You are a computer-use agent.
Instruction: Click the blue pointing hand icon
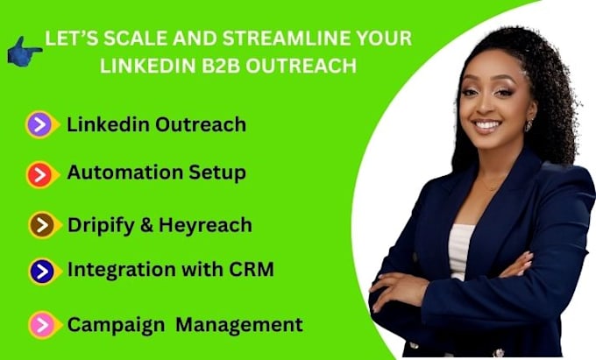24,52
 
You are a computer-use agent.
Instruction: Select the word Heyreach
205,225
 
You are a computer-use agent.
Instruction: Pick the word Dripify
101,226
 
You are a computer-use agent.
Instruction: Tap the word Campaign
116,326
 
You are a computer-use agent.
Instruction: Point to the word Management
239,325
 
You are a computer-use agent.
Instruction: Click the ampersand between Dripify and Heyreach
146,225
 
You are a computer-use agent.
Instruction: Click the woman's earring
529,125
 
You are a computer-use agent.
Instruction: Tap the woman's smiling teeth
487,124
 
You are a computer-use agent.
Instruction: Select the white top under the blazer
460,251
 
